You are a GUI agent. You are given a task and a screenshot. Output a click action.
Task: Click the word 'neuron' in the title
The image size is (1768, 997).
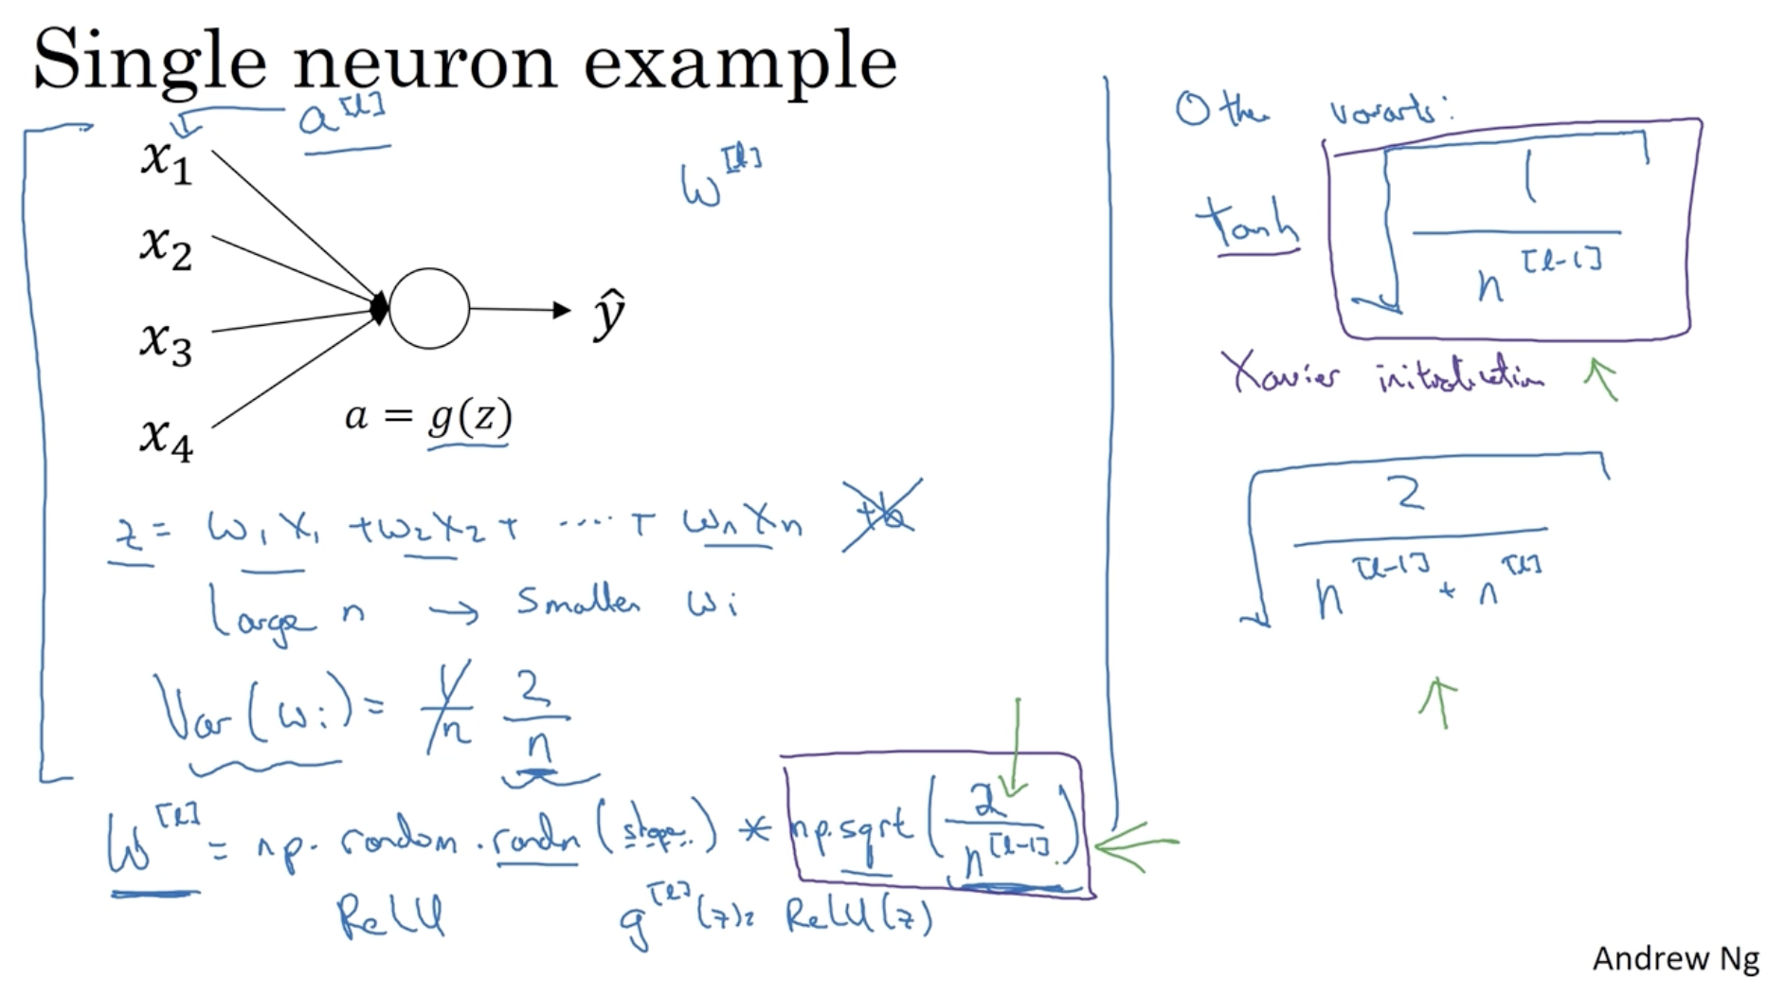pyautogui.click(x=424, y=62)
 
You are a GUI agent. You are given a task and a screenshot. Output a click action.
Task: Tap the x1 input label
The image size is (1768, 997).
pyautogui.click(x=166, y=160)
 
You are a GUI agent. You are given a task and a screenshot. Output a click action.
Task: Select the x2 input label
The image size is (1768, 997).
pyautogui.click(x=166, y=248)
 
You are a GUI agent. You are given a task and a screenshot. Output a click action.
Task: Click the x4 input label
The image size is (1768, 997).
pyautogui.click(x=166, y=439)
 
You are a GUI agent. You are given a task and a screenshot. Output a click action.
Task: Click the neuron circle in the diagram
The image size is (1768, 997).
pyautogui.click(x=428, y=309)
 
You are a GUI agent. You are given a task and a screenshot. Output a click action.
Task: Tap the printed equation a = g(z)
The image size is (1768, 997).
pyautogui.click(x=428, y=417)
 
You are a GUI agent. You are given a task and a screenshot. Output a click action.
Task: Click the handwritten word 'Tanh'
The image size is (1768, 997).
pyautogui.click(x=1247, y=226)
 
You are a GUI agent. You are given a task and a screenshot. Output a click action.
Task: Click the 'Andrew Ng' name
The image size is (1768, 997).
pyautogui.click(x=1674, y=959)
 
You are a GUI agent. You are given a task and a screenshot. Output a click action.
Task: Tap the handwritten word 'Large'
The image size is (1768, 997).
pyautogui.click(x=261, y=615)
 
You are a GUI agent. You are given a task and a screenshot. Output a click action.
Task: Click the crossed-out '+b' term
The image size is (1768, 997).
pyautogui.click(x=880, y=517)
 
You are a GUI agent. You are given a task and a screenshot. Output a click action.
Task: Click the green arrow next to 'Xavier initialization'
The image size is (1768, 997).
pyautogui.click(x=1600, y=378)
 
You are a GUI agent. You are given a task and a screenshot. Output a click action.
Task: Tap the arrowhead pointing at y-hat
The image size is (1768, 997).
pyautogui.click(x=562, y=310)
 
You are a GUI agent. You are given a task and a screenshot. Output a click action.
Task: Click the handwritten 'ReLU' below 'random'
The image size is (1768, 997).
pyautogui.click(x=389, y=916)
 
